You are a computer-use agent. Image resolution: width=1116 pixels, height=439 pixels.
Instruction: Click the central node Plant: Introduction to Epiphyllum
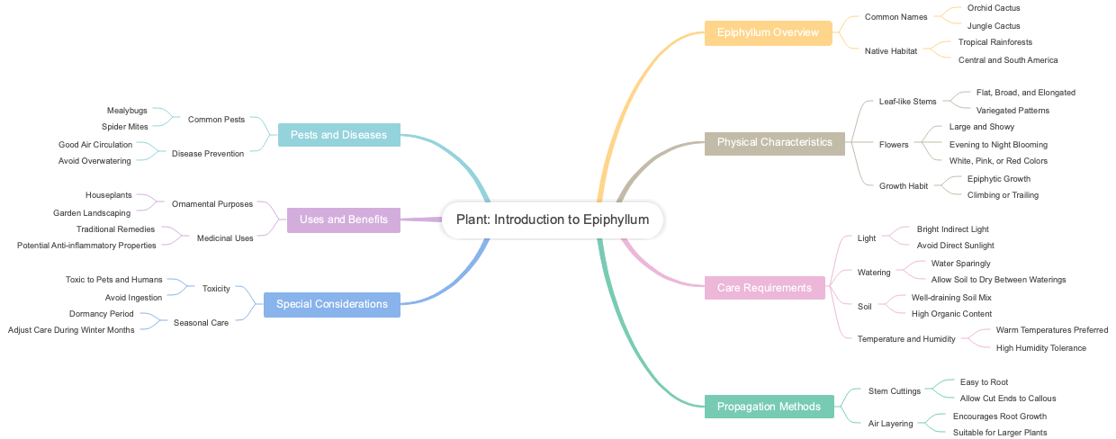click(x=553, y=220)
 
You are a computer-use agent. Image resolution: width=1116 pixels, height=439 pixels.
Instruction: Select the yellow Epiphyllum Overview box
click(x=768, y=33)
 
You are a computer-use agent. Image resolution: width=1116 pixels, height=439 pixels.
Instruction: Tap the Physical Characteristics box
click(x=774, y=142)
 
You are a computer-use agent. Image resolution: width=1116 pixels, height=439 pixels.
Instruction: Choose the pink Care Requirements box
click(x=764, y=288)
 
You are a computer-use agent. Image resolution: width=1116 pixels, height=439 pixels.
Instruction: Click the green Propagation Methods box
click(x=769, y=407)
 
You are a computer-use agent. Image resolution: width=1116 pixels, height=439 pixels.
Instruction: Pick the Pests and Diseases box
click(x=338, y=135)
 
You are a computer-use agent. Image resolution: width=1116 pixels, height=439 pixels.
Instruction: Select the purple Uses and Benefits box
click(x=343, y=219)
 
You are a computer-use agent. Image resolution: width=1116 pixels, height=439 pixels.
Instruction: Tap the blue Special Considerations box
click(x=331, y=304)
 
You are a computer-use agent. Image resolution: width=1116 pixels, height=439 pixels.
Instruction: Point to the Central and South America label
click(x=1008, y=60)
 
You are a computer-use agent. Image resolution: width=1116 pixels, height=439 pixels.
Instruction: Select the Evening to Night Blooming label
click(x=998, y=145)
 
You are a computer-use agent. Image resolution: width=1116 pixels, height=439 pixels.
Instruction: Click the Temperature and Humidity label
click(x=906, y=339)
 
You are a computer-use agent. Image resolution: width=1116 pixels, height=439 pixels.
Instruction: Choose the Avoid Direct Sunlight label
click(x=955, y=246)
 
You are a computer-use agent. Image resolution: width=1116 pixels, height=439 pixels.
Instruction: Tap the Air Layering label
click(x=890, y=424)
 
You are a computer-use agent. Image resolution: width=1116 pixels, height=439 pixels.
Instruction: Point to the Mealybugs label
click(x=127, y=111)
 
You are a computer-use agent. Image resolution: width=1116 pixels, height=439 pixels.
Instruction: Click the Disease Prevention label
click(x=208, y=154)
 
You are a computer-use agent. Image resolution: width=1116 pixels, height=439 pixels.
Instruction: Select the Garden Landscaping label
click(x=92, y=213)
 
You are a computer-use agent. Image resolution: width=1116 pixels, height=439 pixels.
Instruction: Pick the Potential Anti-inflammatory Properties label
click(x=86, y=246)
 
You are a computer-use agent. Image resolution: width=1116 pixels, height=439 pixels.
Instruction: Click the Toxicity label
click(x=216, y=289)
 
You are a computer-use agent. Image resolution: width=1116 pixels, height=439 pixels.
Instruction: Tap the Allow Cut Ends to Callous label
click(x=1008, y=399)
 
